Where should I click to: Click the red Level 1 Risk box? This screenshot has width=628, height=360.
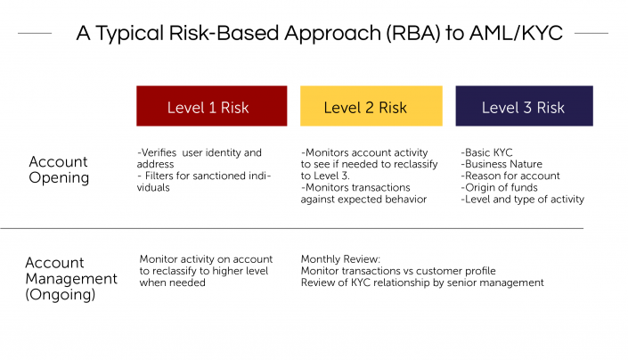coord(211,106)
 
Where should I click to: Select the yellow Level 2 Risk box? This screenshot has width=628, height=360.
coord(371,106)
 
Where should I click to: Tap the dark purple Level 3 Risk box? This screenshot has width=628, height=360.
coord(524,106)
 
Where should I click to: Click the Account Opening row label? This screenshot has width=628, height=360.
coord(59,169)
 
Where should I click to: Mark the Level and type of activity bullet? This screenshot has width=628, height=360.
coord(523,199)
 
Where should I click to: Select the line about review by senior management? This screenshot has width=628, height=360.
coord(421,282)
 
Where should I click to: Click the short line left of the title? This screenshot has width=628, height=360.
coord(35,34)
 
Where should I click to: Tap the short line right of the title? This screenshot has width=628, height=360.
coord(591,34)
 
